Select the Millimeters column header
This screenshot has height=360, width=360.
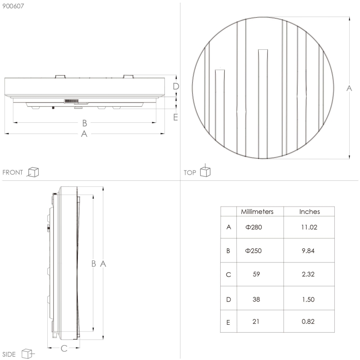(x=257, y=212)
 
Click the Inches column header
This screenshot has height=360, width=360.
(x=309, y=212)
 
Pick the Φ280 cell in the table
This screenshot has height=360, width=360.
(x=254, y=227)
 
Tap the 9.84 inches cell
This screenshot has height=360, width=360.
(x=309, y=251)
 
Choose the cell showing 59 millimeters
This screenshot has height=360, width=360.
(x=256, y=274)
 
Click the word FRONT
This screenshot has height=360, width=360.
(x=12, y=173)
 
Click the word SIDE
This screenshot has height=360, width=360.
(x=9, y=354)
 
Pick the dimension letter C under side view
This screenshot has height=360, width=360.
(x=64, y=348)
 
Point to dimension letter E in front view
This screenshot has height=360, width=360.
(x=175, y=117)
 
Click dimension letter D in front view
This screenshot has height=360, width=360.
(x=176, y=86)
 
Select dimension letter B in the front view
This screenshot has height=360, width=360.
(x=84, y=123)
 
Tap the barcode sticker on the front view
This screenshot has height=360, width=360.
(x=71, y=101)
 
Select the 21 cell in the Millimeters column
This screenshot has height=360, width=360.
(x=256, y=322)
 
